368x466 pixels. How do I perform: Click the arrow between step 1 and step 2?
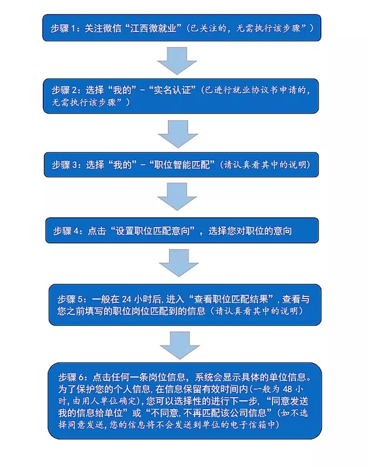pyautogui.click(x=177, y=61)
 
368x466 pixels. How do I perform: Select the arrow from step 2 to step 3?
pyautogui.click(x=178, y=134)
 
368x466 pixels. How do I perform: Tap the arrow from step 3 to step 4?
pyautogui.click(x=177, y=197)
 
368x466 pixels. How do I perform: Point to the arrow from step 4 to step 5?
pyautogui.click(x=179, y=263)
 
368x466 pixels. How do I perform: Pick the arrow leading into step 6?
pyautogui.click(x=180, y=346)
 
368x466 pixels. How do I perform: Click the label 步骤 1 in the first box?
pyautogui.click(x=63, y=28)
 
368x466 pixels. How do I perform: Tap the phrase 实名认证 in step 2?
pyautogui.click(x=172, y=90)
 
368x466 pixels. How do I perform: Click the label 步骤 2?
pyautogui.click(x=65, y=90)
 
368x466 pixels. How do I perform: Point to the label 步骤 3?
pyautogui.click(x=65, y=164)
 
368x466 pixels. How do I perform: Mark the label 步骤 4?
pyautogui.click(x=66, y=231)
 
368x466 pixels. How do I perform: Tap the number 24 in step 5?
pyautogui.click(x=127, y=299)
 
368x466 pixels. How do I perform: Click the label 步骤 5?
pyautogui.click(x=71, y=299)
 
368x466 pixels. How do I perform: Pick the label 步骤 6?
pyautogui.click(x=72, y=377)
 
